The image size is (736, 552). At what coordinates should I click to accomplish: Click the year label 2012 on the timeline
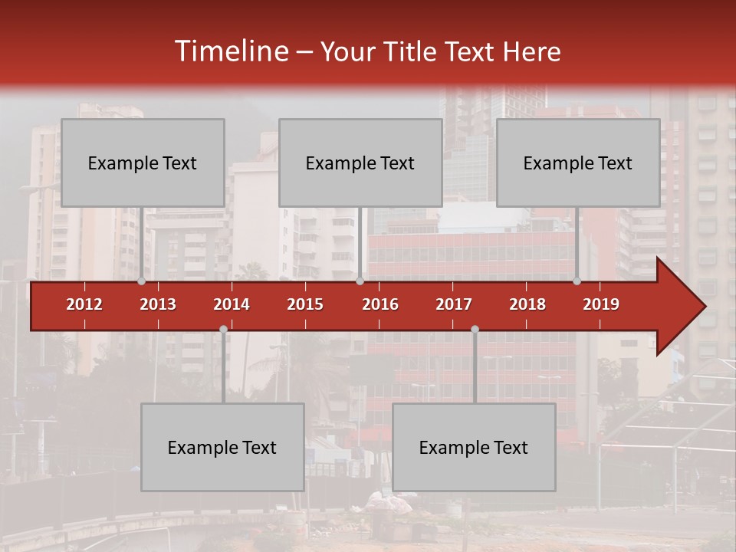click(x=84, y=304)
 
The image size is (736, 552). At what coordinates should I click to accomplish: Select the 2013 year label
click(x=158, y=304)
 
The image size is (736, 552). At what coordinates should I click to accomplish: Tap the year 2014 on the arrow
click(x=232, y=304)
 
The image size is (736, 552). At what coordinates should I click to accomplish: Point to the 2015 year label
click(x=305, y=304)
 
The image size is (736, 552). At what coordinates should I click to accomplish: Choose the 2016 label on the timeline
click(x=380, y=304)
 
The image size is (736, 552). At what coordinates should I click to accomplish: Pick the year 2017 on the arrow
click(x=454, y=304)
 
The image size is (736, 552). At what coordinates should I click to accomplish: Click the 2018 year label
click(x=527, y=304)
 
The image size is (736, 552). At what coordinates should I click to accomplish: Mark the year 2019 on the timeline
click(x=601, y=304)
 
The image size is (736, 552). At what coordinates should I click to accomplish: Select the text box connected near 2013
click(x=143, y=163)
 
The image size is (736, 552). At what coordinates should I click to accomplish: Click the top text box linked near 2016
click(x=360, y=163)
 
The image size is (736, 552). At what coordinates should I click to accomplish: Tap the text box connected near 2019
click(x=578, y=163)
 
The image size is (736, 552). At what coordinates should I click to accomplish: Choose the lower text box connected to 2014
click(x=222, y=447)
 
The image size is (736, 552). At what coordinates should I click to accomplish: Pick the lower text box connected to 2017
click(x=474, y=447)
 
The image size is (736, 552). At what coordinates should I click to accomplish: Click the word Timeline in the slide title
click(x=230, y=51)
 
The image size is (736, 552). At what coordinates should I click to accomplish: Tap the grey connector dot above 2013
click(x=142, y=281)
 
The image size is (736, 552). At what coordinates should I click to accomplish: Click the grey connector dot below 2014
click(x=223, y=329)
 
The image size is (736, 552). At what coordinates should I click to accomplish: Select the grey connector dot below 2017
click(x=475, y=329)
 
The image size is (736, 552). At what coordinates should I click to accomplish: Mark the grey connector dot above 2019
click(x=577, y=281)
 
